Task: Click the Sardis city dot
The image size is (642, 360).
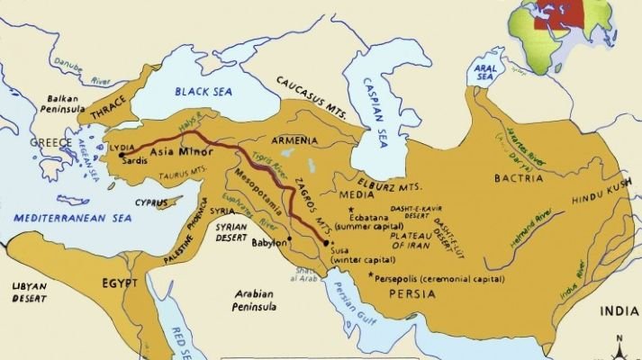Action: pos(121,156)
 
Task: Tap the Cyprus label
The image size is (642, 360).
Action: pos(151,202)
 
